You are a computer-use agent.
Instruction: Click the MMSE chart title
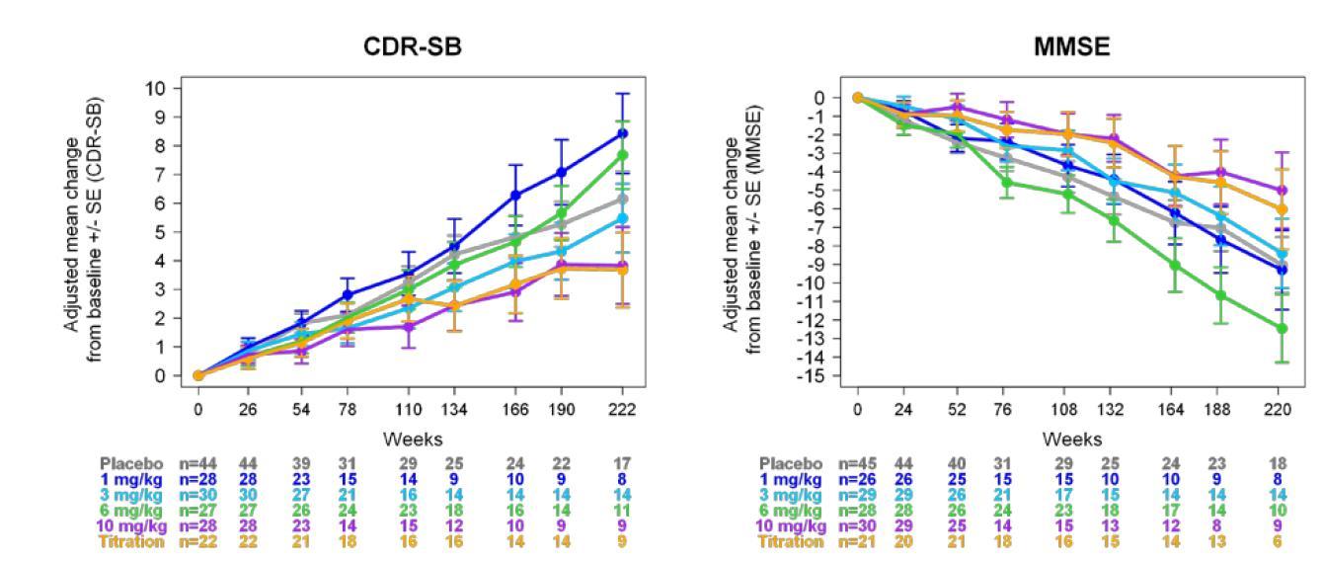coord(1072,46)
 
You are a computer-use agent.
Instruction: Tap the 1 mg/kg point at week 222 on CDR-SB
coord(622,133)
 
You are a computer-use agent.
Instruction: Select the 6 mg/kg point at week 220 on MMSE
coord(1283,328)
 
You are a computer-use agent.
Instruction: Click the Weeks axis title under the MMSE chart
coord(1072,440)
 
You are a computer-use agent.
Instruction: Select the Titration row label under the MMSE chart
coord(790,542)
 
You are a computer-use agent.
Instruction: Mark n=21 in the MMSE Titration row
coord(858,542)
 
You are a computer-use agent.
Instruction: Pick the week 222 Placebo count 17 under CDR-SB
coord(622,463)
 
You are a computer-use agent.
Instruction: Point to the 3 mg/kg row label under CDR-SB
coord(133,495)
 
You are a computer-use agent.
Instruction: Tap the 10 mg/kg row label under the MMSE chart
coord(789,526)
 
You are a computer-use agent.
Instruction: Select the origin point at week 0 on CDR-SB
coord(198,375)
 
